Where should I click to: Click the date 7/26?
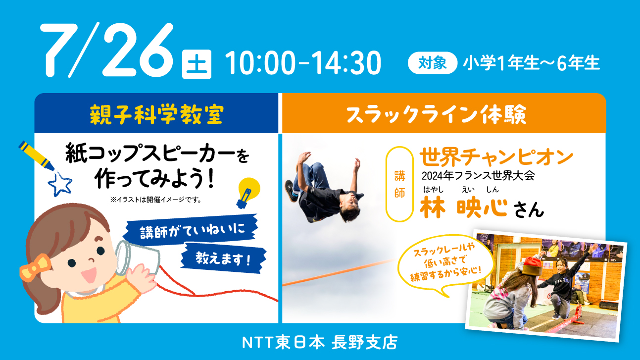(107, 50)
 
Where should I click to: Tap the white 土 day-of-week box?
(197, 64)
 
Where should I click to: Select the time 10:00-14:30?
(303, 63)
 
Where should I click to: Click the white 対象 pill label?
(433, 62)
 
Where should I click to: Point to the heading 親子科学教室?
(156, 115)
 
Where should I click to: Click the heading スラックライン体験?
(436, 114)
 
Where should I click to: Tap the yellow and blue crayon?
(36, 155)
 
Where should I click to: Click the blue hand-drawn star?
(60, 184)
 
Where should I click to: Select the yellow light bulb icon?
(247, 193)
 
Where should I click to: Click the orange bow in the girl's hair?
(34, 267)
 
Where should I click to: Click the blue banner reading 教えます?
(223, 258)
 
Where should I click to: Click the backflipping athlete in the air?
(324, 188)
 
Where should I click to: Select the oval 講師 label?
(399, 184)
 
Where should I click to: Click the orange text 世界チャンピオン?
(496, 157)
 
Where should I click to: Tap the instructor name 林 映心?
(463, 207)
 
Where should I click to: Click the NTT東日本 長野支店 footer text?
(320, 342)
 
